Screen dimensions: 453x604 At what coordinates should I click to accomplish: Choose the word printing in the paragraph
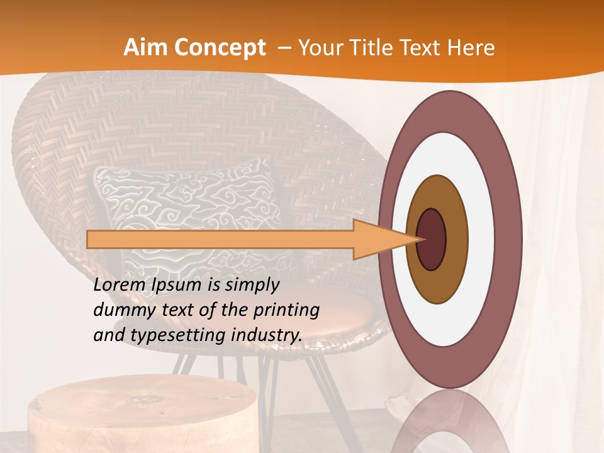pos(286,310)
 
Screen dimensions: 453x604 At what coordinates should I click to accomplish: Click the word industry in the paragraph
pos(267,335)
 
